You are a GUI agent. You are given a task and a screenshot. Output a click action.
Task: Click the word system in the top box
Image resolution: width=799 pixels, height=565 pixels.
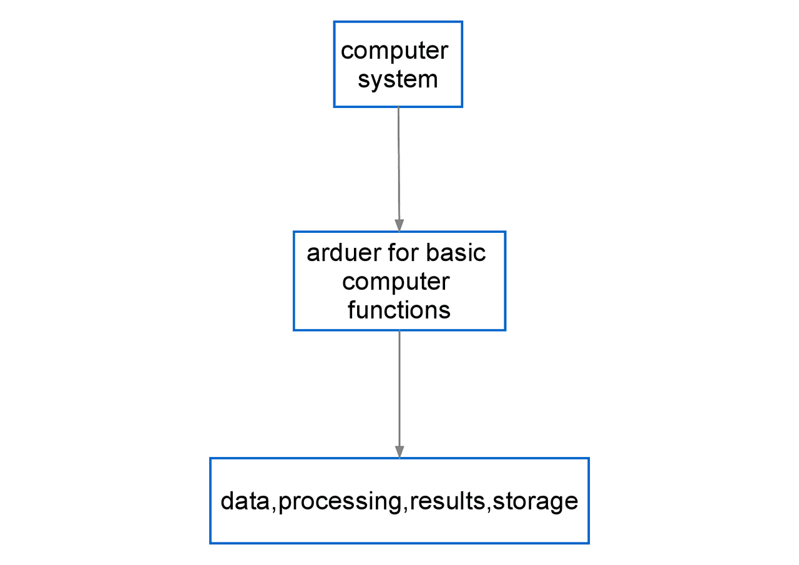click(x=398, y=80)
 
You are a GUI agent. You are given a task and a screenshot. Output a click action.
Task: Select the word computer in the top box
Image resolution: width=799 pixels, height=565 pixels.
click(x=395, y=51)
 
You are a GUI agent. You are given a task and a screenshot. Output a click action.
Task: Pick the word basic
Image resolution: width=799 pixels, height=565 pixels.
click(x=456, y=253)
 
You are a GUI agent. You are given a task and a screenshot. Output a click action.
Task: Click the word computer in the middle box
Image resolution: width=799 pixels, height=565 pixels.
click(x=396, y=282)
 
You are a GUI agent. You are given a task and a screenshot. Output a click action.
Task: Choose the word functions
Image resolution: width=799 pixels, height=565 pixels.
click(x=399, y=310)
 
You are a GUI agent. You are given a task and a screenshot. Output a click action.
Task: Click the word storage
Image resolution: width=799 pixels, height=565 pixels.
click(x=536, y=502)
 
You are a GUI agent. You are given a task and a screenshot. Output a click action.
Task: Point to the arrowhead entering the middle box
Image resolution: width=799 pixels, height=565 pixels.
click(x=399, y=225)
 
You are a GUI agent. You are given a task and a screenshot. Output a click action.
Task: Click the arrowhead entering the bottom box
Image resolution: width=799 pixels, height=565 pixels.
click(x=399, y=452)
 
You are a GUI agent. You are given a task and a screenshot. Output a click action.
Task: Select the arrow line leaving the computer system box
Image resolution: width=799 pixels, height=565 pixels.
click(x=399, y=162)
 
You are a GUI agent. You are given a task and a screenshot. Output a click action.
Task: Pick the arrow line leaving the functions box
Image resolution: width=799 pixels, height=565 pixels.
click(x=399, y=387)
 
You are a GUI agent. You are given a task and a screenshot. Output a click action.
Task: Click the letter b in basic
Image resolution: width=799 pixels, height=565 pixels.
click(x=432, y=253)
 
